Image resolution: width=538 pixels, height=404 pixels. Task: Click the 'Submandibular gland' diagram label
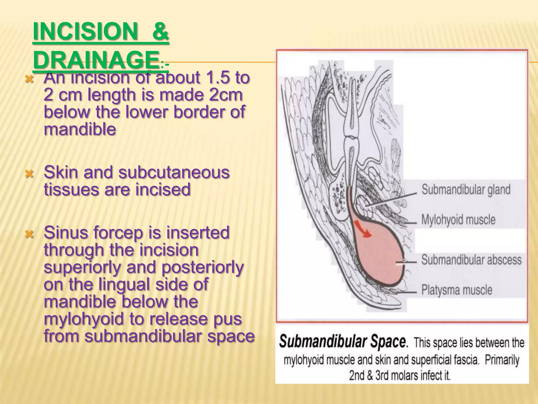pos(466,190)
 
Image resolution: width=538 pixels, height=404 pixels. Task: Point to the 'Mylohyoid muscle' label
pos(458,220)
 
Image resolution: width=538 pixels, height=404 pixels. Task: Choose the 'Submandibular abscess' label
pos(471,260)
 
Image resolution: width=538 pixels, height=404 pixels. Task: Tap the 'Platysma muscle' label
pos(457,290)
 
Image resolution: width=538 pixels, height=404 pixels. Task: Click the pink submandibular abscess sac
pos(378,260)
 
